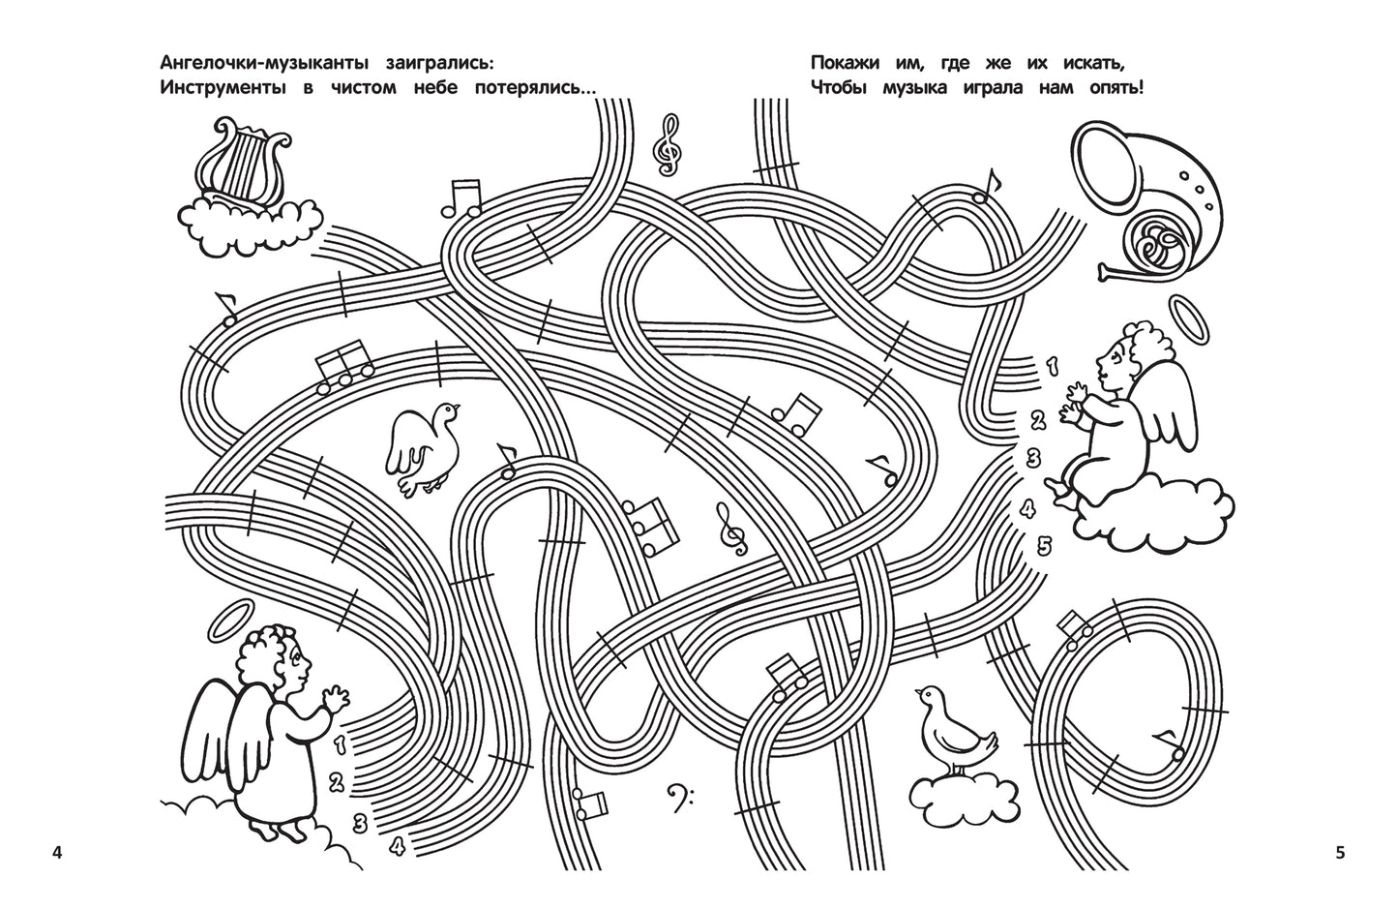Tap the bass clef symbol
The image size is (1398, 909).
pos(681,800)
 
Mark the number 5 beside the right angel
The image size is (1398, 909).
pos(1043,544)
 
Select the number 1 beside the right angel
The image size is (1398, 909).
pos(1052,365)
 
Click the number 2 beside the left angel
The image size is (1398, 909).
pos(337,782)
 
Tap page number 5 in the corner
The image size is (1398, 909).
pos(1340,853)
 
